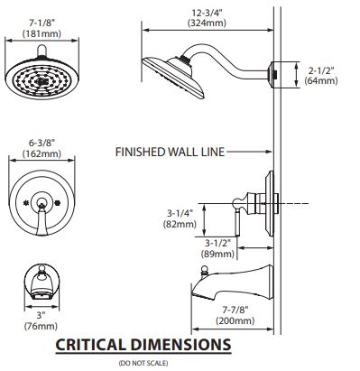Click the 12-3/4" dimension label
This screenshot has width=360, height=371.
207,14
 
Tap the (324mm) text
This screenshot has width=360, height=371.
207,23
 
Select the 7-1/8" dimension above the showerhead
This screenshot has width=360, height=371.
42,23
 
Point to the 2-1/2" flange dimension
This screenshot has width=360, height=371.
321,71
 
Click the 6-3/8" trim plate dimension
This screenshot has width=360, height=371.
42,143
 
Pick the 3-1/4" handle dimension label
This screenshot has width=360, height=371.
180,213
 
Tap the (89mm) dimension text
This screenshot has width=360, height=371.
217,254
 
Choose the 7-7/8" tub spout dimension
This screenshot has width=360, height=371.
235,310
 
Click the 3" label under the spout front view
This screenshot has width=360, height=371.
41,315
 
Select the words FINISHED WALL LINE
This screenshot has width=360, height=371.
170,152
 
